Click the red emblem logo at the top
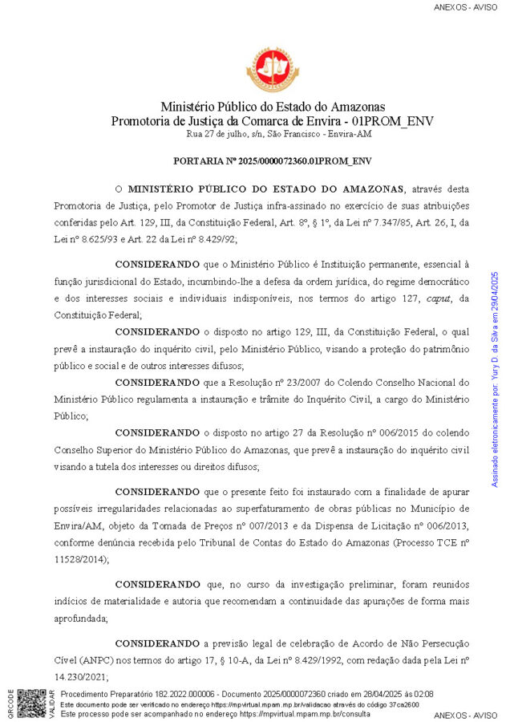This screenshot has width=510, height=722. point(273,69)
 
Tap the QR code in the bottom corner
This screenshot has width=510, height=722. point(31,703)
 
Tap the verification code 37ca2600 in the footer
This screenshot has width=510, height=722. point(402,704)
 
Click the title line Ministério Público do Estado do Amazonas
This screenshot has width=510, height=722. point(273,107)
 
